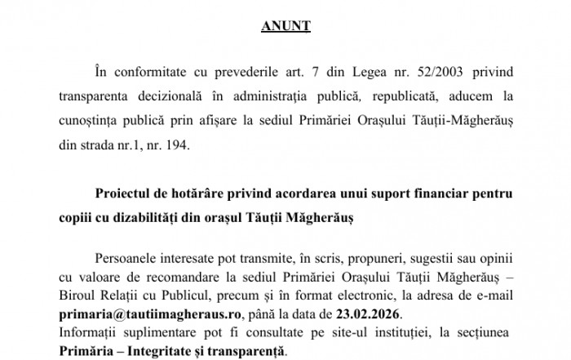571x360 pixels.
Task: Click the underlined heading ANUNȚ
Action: click(285, 26)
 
